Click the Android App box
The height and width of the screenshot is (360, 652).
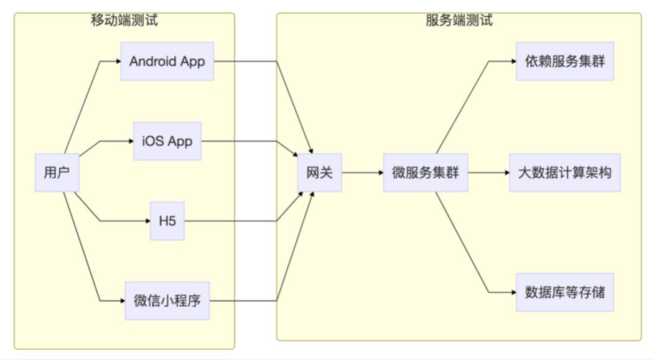(x=167, y=62)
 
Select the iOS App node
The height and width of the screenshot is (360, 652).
(x=167, y=141)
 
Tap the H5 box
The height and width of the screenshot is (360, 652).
(x=167, y=221)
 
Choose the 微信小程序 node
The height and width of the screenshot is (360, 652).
(x=167, y=301)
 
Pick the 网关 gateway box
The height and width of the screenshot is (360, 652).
(x=319, y=172)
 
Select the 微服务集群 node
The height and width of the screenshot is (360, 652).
(x=425, y=172)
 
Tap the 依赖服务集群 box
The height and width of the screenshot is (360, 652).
(x=564, y=62)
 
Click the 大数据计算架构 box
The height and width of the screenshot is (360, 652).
(x=564, y=172)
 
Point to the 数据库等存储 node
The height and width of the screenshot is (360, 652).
(x=564, y=292)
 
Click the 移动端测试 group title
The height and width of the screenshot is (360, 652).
(x=124, y=20)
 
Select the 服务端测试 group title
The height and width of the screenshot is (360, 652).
(x=459, y=20)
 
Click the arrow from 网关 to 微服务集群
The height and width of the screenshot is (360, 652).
(x=362, y=172)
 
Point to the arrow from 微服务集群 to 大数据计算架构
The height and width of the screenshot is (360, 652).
(x=488, y=172)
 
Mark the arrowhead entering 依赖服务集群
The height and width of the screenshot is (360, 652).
(x=513, y=62)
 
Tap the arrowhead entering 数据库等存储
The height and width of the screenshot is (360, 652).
(x=513, y=292)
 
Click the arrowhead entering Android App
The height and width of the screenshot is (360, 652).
(x=118, y=62)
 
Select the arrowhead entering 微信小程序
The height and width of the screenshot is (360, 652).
(x=122, y=301)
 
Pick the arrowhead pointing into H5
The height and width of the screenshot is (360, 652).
(x=147, y=221)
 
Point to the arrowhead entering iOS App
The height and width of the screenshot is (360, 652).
(x=131, y=141)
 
